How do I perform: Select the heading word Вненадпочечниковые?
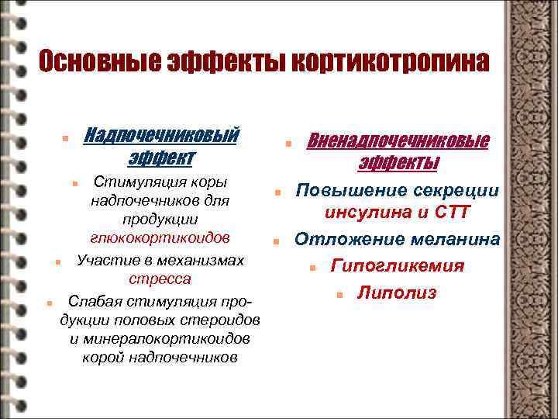coord(398,141)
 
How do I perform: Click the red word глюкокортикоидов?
coord(160,236)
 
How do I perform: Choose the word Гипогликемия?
coord(398,266)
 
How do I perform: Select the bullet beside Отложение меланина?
coord(275,242)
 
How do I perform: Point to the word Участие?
coord(103,259)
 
